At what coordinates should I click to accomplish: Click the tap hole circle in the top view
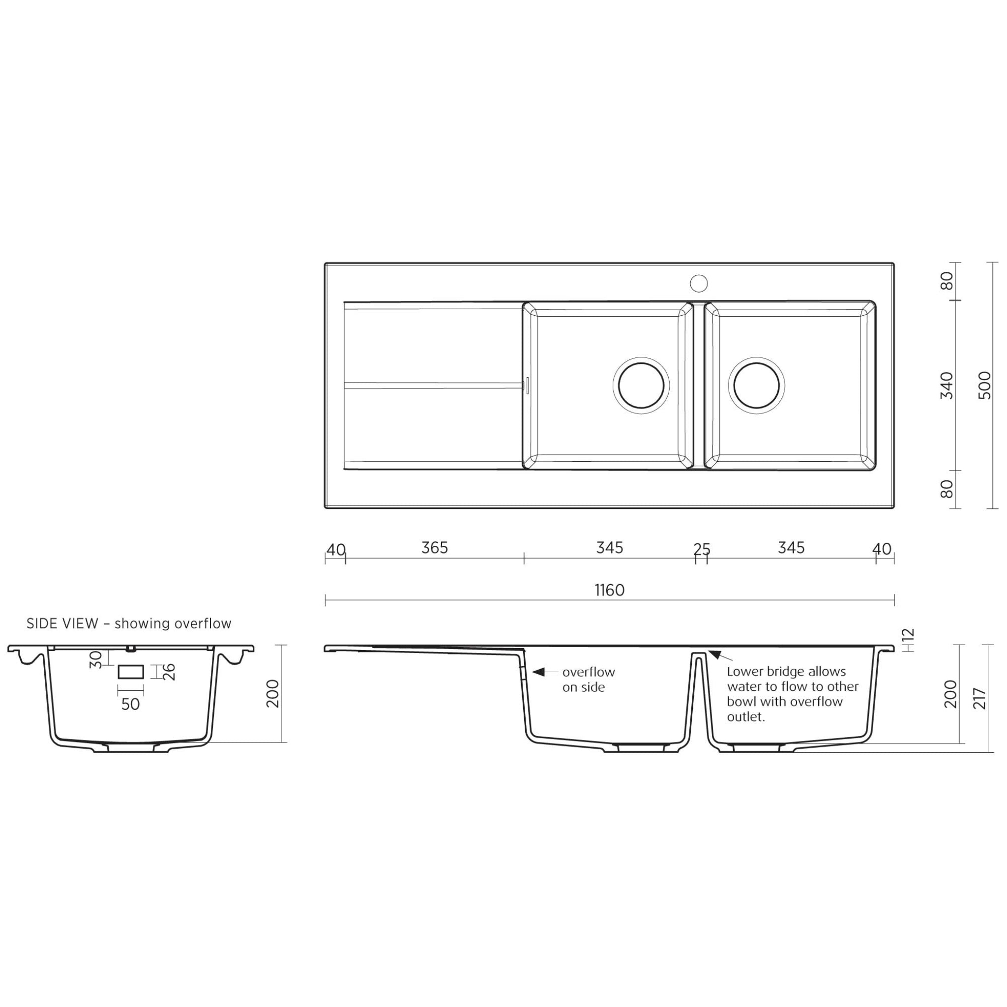pos(698,284)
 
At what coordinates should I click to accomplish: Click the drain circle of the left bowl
pos(641,385)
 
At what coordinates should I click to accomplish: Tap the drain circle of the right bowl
pos(756,385)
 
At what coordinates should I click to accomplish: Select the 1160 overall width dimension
pos(609,590)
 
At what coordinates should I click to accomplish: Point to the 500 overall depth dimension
pos(984,385)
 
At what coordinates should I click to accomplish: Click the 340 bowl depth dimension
pos(947,385)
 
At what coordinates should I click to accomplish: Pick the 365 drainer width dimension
pos(434,548)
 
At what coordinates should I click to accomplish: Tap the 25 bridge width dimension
pos(702,549)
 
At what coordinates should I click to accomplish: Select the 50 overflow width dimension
pos(130,704)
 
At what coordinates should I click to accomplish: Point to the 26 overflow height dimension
pos(170,672)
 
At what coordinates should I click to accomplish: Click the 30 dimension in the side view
pos(95,660)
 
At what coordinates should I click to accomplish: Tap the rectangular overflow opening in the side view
pos(130,671)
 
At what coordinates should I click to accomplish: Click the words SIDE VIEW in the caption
pos(62,623)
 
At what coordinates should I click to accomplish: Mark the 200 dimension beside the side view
pos(272,693)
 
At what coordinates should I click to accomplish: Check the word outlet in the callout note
pos(745,717)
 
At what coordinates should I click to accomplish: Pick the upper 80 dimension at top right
pos(947,281)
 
